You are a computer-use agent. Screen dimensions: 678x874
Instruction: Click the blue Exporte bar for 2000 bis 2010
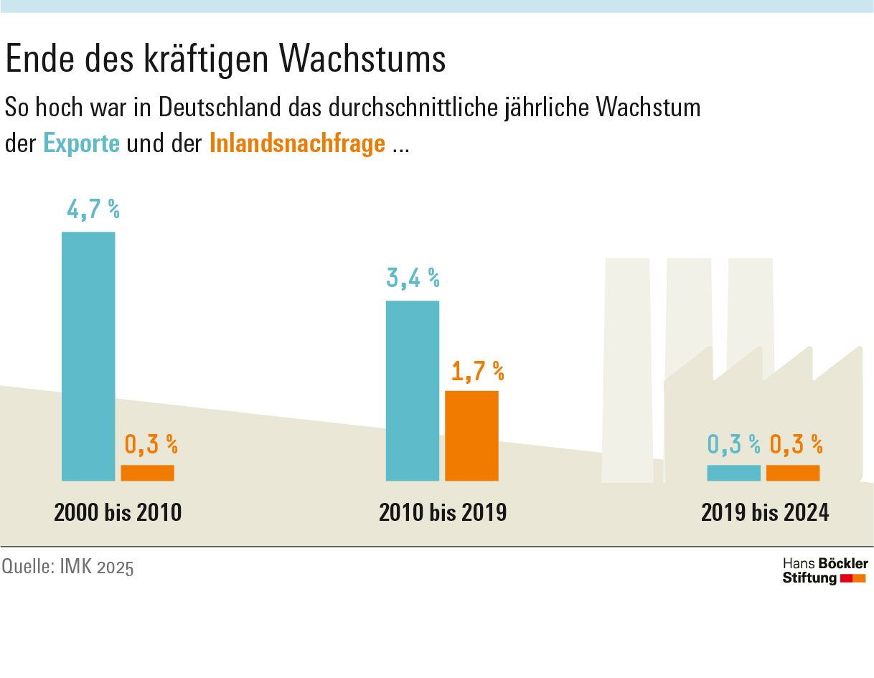click(x=88, y=356)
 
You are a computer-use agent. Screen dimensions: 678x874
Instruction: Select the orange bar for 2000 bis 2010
click(x=147, y=473)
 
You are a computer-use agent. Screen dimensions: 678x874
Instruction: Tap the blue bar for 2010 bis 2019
click(x=413, y=390)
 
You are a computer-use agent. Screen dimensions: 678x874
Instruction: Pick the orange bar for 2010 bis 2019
click(x=471, y=435)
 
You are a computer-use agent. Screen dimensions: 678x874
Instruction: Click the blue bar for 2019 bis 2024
click(x=733, y=473)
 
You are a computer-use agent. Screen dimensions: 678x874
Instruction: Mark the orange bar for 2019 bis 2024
click(x=793, y=473)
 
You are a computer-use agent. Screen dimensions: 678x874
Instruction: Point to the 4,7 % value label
click(x=93, y=209)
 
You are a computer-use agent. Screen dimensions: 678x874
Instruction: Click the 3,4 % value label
click(x=413, y=278)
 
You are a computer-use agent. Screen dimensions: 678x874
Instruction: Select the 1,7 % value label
click(x=477, y=371)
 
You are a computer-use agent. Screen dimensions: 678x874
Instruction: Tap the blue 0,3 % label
click(x=733, y=445)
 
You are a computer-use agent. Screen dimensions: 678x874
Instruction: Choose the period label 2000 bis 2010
click(x=118, y=512)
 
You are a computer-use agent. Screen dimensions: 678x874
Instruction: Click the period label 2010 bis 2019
click(x=443, y=512)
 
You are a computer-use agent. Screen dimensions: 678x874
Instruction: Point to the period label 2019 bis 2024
click(x=765, y=512)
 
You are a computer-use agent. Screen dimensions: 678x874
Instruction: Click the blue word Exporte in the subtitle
click(x=81, y=143)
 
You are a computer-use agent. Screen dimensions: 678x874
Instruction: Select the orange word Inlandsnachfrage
click(x=297, y=143)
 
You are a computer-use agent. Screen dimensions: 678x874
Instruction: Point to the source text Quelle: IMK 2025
click(x=67, y=567)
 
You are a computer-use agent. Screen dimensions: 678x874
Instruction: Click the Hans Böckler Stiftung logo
click(x=824, y=570)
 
